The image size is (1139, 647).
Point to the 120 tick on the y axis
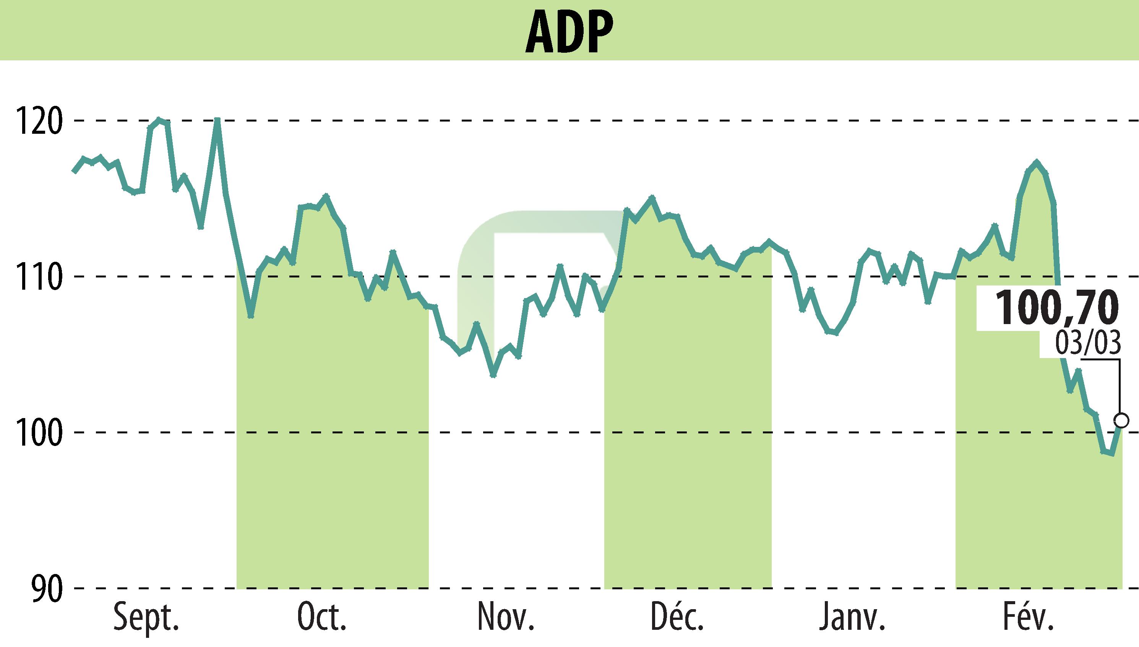tap(38, 120)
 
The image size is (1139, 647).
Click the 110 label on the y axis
tap(38, 276)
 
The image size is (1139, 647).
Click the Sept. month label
tap(146, 617)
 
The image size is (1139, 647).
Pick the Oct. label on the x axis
tap(322, 617)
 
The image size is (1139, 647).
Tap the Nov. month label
tap(505, 617)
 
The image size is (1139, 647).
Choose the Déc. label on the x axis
tap(677, 617)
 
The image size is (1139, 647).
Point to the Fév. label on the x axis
tap(1027, 617)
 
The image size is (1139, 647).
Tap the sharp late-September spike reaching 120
tap(217, 120)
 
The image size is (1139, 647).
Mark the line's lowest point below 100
tap(1112, 454)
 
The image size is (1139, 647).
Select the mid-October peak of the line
tap(326, 196)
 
